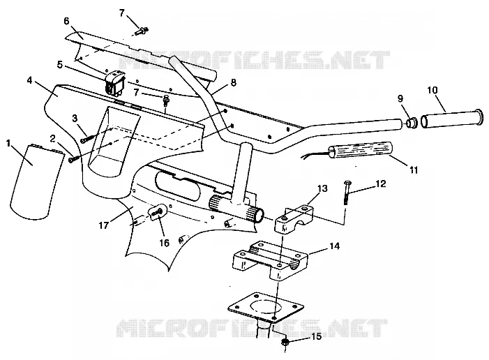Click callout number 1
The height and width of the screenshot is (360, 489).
(8, 144)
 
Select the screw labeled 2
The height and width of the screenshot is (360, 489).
(71, 159)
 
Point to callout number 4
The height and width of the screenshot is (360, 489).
(29, 80)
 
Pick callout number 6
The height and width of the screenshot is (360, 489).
(66, 21)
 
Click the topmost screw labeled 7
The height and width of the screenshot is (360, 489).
(142, 31)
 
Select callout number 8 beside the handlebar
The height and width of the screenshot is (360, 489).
(233, 82)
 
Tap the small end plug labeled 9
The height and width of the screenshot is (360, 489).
(412, 123)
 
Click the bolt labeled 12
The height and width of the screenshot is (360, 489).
(345, 193)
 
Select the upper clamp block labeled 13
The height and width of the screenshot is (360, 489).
(294, 218)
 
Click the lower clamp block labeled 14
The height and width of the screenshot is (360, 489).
(271, 260)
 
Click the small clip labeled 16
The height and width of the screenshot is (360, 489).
(156, 212)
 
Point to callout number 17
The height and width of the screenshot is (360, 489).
(103, 225)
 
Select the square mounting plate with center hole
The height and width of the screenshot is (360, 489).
(265, 307)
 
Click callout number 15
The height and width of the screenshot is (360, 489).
(316, 336)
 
